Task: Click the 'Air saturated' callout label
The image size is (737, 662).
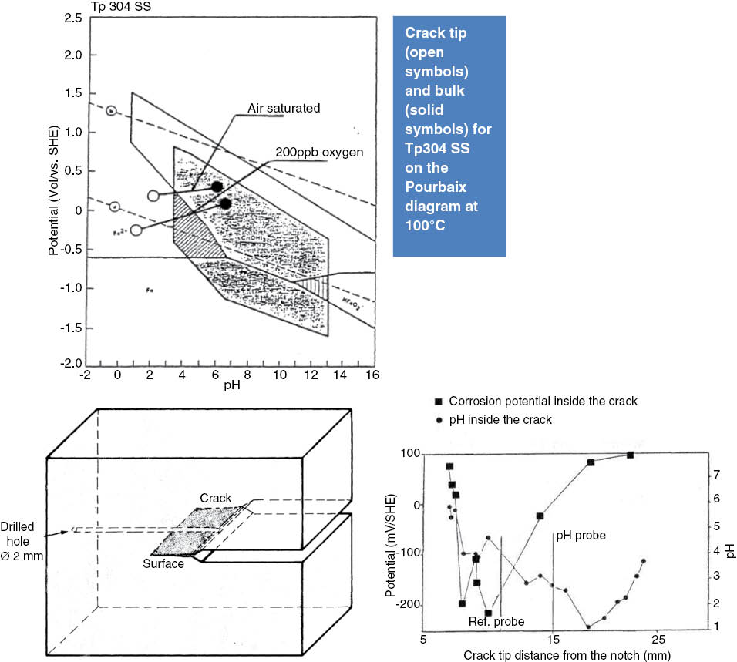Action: tap(283, 109)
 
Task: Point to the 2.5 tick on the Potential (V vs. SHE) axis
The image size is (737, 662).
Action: tap(73, 17)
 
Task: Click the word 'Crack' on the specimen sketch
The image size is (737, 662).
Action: tap(216, 499)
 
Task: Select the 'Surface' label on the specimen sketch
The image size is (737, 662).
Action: tap(164, 564)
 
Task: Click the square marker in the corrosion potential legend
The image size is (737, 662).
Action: tap(438, 402)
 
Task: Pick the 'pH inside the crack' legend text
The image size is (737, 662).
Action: tap(500, 420)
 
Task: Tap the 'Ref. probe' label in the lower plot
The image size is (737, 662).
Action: tap(497, 622)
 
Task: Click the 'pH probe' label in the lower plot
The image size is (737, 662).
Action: tap(581, 534)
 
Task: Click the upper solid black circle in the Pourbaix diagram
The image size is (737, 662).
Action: tap(217, 187)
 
